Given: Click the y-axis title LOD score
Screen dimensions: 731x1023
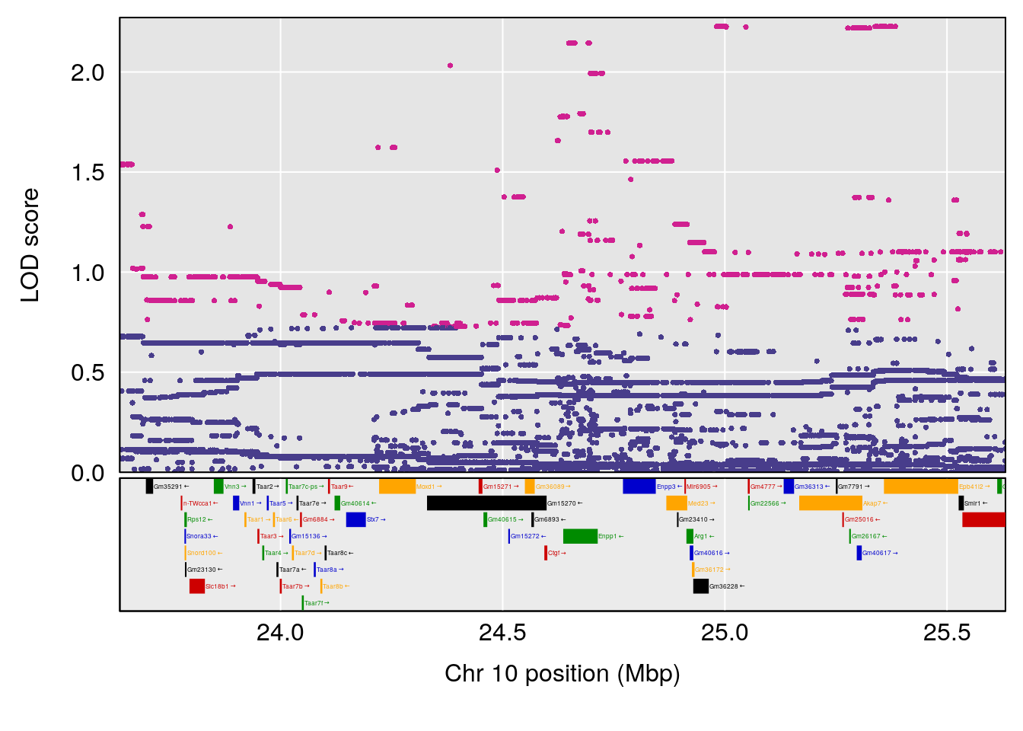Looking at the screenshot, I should click(x=30, y=245).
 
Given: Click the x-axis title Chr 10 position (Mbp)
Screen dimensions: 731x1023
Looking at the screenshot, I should click(x=562, y=674).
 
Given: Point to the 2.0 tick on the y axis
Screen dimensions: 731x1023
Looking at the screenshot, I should click(x=88, y=73).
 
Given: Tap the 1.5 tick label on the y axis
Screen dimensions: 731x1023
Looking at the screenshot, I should click(x=88, y=173).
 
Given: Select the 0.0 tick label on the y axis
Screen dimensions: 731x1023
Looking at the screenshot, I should click(x=88, y=473).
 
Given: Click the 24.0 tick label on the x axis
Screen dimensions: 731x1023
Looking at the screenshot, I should click(x=280, y=633).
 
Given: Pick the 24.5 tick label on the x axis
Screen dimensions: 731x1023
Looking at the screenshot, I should click(x=502, y=633).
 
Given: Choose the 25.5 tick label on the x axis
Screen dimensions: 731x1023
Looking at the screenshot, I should click(x=947, y=633).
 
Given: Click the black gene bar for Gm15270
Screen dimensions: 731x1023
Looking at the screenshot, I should click(x=486, y=503).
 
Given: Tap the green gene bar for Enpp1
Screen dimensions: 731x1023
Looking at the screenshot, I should click(x=580, y=537).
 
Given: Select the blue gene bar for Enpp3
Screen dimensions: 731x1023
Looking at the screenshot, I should click(x=639, y=487).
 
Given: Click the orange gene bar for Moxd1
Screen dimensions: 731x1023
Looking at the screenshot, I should click(x=397, y=487).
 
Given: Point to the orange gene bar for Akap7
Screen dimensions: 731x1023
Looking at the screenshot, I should click(x=830, y=503).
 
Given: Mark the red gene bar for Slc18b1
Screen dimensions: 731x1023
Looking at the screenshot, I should click(x=197, y=586).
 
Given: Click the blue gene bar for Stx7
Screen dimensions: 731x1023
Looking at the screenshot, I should click(x=355, y=520).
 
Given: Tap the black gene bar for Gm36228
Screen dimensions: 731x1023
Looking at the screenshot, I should click(x=700, y=586).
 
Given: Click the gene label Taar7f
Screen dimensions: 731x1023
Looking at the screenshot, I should click(x=317, y=603).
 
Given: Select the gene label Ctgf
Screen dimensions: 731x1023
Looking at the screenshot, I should click(x=557, y=554).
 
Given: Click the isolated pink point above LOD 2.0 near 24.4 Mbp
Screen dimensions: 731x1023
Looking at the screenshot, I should click(x=451, y=65).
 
